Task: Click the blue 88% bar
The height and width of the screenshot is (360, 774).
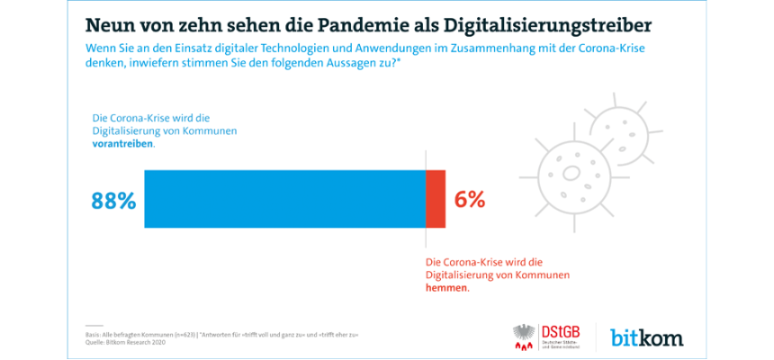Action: coord(284,198)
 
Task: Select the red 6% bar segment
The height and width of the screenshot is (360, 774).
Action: coord(436,198)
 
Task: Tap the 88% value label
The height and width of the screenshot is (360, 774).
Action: coord(113,200)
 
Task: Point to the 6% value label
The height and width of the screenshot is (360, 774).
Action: coord(470,200)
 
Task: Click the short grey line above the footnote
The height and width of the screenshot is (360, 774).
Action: coord(93,326)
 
